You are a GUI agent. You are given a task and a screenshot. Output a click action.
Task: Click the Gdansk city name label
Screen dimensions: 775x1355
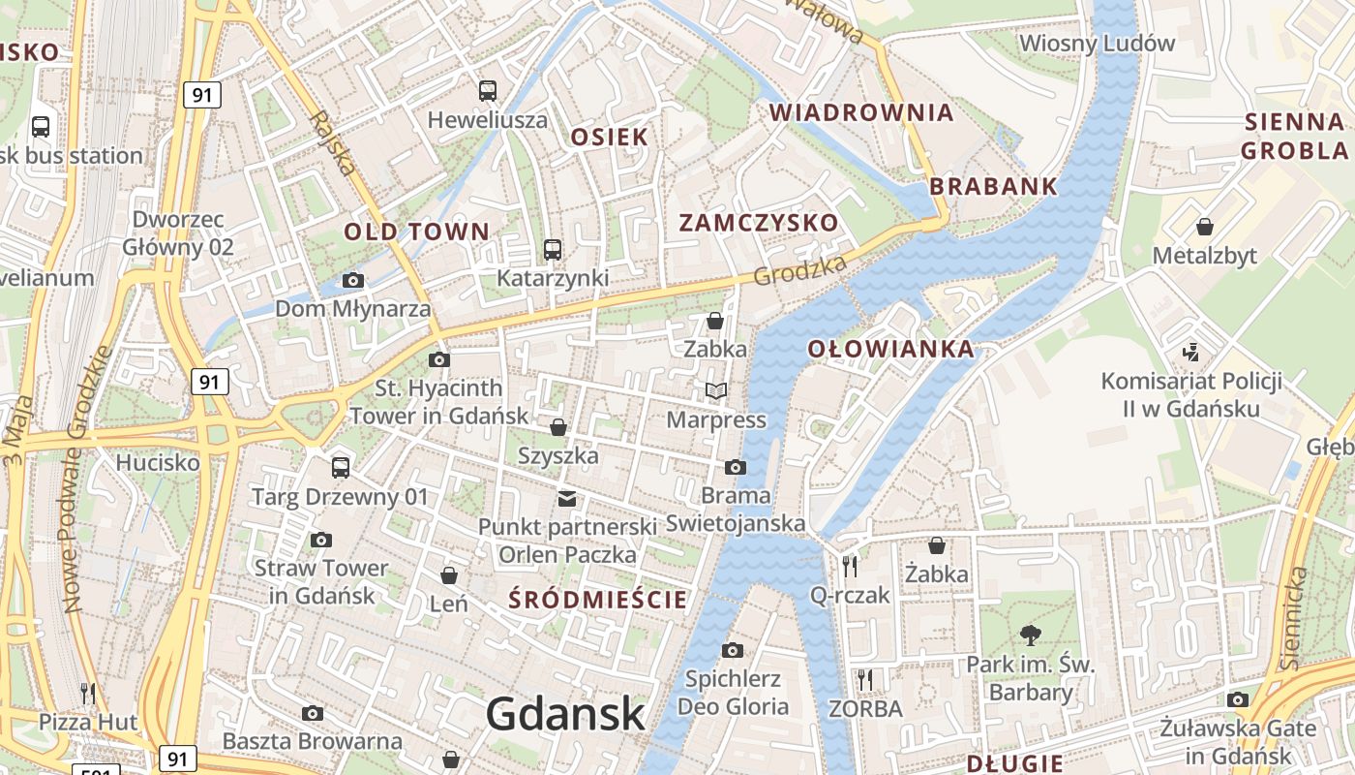pyautogui.click(x=565, y=714)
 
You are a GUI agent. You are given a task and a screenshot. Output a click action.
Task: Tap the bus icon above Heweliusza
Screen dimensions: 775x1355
pyautogui.click(x=488, y=91)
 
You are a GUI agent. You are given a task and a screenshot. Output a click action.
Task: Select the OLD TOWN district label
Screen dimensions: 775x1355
pyautogui.click(x=417, y=232)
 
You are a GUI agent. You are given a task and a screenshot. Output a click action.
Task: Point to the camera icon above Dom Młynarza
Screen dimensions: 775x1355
pyautogui.click(x=353, y=281)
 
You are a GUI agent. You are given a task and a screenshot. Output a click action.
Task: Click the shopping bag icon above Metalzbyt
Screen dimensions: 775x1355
pyautogui.click(x=1205, y=227)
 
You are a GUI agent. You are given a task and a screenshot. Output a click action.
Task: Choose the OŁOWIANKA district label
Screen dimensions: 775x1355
pyautogui.click(x=890, y=350)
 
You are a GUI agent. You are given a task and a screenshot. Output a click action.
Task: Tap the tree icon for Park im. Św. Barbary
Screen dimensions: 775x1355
pyautogui.click(x=1030, y=635)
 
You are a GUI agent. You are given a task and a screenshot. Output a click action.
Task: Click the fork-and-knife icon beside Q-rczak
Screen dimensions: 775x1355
pyautogui.click(x=850, y=567)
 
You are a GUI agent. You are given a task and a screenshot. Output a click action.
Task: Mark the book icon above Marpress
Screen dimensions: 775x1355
pyautogui.click(x=716, y=390)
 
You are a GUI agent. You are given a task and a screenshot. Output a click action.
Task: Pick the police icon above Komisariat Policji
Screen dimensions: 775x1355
pyautogui.click(x=1191, y=352)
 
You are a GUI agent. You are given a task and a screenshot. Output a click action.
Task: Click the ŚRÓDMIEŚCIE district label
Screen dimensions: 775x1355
pyautogui.click(x=598, y=600)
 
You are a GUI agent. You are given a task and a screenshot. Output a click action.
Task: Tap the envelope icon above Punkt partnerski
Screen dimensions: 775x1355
pyautogui.click(x=567, y=499)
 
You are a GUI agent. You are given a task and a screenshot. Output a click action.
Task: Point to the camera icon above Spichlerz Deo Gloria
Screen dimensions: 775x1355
pyautogui.click(x=733, y=650)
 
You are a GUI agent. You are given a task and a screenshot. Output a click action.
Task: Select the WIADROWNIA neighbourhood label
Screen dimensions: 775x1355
pyautogui.click(x=861, y=112)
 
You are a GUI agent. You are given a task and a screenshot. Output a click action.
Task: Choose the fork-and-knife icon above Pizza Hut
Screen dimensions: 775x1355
pyautogui.click(x=88, y=693)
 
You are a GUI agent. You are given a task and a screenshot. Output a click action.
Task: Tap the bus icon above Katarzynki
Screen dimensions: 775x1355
pyautogui.click(x=552, y=250)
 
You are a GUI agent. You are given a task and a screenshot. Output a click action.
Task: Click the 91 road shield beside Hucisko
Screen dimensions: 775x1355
pyautogui.click(x=209, y=382)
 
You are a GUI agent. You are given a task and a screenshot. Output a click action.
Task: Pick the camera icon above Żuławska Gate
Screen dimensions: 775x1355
pyautogui.click(x=1238, y=699)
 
